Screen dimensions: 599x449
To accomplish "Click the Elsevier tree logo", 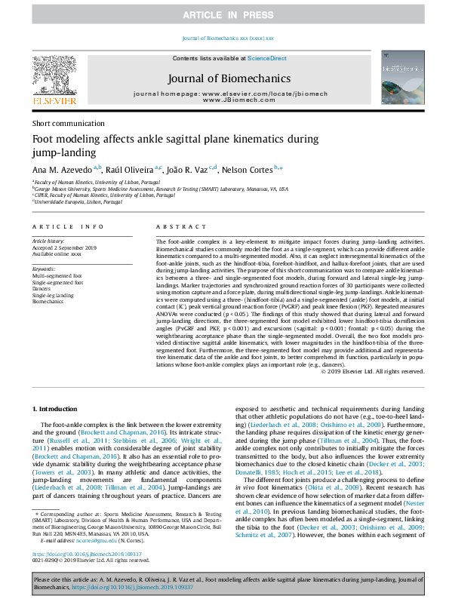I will point(53,75).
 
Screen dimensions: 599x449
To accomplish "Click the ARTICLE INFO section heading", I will point(68,226).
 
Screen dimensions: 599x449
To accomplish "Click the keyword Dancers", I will point(42,287).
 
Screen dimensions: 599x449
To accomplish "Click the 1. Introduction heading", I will point(57,408).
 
